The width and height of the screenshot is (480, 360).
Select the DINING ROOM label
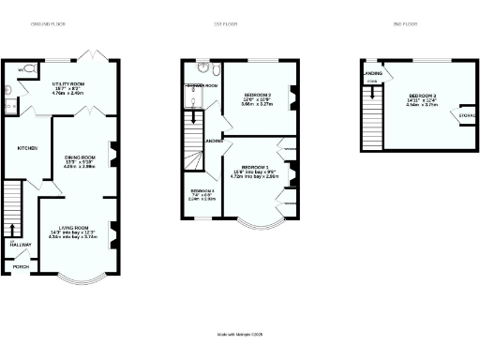(80, 157)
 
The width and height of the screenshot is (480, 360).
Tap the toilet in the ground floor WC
(29, 68)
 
